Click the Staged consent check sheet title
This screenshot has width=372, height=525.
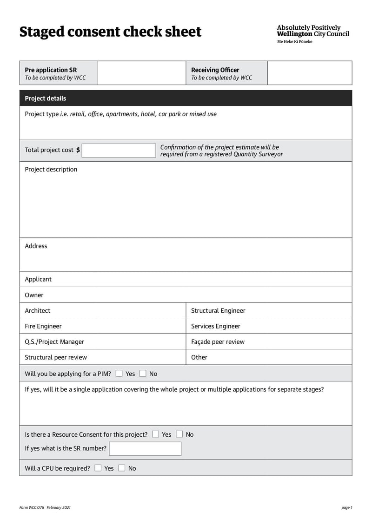tap(110, 32)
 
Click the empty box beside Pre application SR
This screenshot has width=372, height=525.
tap(142, 73)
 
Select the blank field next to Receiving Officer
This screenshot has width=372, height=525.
tap(309, 73)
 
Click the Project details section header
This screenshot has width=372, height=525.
tap(46, 98)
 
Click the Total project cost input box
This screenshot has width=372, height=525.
tap(119, 151)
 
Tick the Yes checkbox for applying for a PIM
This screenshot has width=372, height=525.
tap(119, 374)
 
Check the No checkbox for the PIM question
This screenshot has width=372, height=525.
tap(143, 374)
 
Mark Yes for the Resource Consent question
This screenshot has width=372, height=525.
tap(155, 434)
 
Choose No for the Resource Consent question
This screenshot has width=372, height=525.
tap(179, 434)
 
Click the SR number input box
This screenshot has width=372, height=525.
tap(145, 449)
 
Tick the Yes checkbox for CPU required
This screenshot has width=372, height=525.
tap(98, 468)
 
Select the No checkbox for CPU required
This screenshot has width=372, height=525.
tap(122, 468)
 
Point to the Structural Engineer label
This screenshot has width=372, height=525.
tap(218, 311)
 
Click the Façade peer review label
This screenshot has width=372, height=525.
tap(218, 342)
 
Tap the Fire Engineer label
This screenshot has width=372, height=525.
tap(43, 326)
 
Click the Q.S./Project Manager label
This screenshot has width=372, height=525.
tap(54, 342)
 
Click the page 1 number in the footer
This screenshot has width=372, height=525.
tap(347, 508)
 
